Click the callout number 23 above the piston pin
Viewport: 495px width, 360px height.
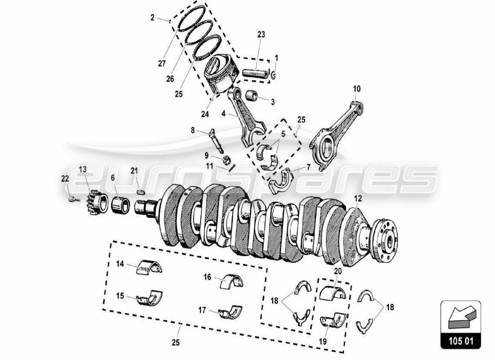coord(261,34)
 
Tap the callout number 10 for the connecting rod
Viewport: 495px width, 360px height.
coord(356,89)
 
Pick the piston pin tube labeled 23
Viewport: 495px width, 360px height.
coord(255,72)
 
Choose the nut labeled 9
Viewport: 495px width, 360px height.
coord(228,159)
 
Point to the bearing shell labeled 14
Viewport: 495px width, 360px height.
coord(149,268)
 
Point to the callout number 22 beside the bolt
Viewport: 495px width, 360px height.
coord(66,179)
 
